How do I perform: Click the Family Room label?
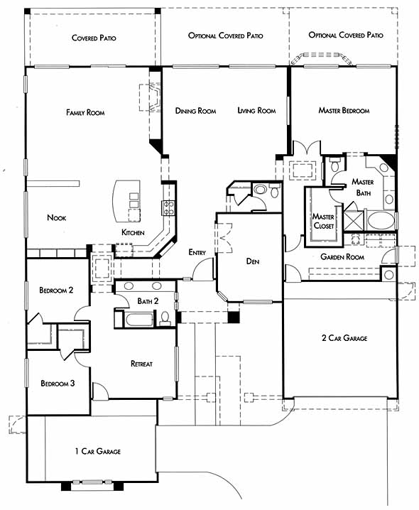(85, 112)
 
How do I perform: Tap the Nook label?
(57, 217)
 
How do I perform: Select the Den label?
(253, 261)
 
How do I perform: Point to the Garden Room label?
(342, 257)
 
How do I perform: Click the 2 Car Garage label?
(344, 338)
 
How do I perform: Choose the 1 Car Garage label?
(98, 451)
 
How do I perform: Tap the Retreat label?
(141, 364)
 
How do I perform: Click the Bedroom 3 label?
(58, 384)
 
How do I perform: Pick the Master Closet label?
(323, 221)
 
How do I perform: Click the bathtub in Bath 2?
(139, 320)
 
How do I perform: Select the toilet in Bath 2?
(165, 318)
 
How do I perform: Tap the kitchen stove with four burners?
(168, 208)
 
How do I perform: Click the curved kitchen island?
(126, 201)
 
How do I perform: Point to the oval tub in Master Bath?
(381, 221)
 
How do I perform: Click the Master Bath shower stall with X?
(354, 220)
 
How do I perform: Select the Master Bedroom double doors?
(307, 147)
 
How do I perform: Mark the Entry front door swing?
(202, 270)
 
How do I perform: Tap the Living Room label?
(256, 111)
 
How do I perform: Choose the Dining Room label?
(195, 111)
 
